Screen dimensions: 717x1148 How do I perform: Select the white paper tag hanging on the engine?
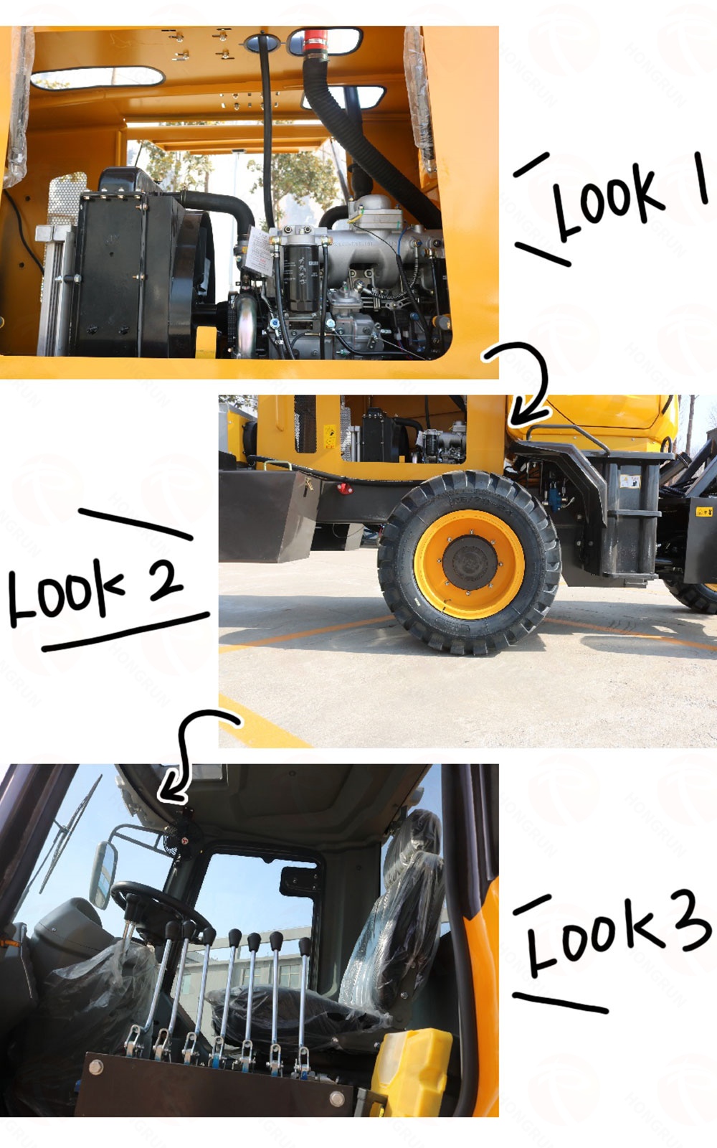[259, 250]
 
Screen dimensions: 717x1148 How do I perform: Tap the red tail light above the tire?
[345, 488]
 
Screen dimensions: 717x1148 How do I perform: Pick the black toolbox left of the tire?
[267, 516]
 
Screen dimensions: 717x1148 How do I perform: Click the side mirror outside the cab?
[103, 867]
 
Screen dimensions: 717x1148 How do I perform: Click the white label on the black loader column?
[630, 481]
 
